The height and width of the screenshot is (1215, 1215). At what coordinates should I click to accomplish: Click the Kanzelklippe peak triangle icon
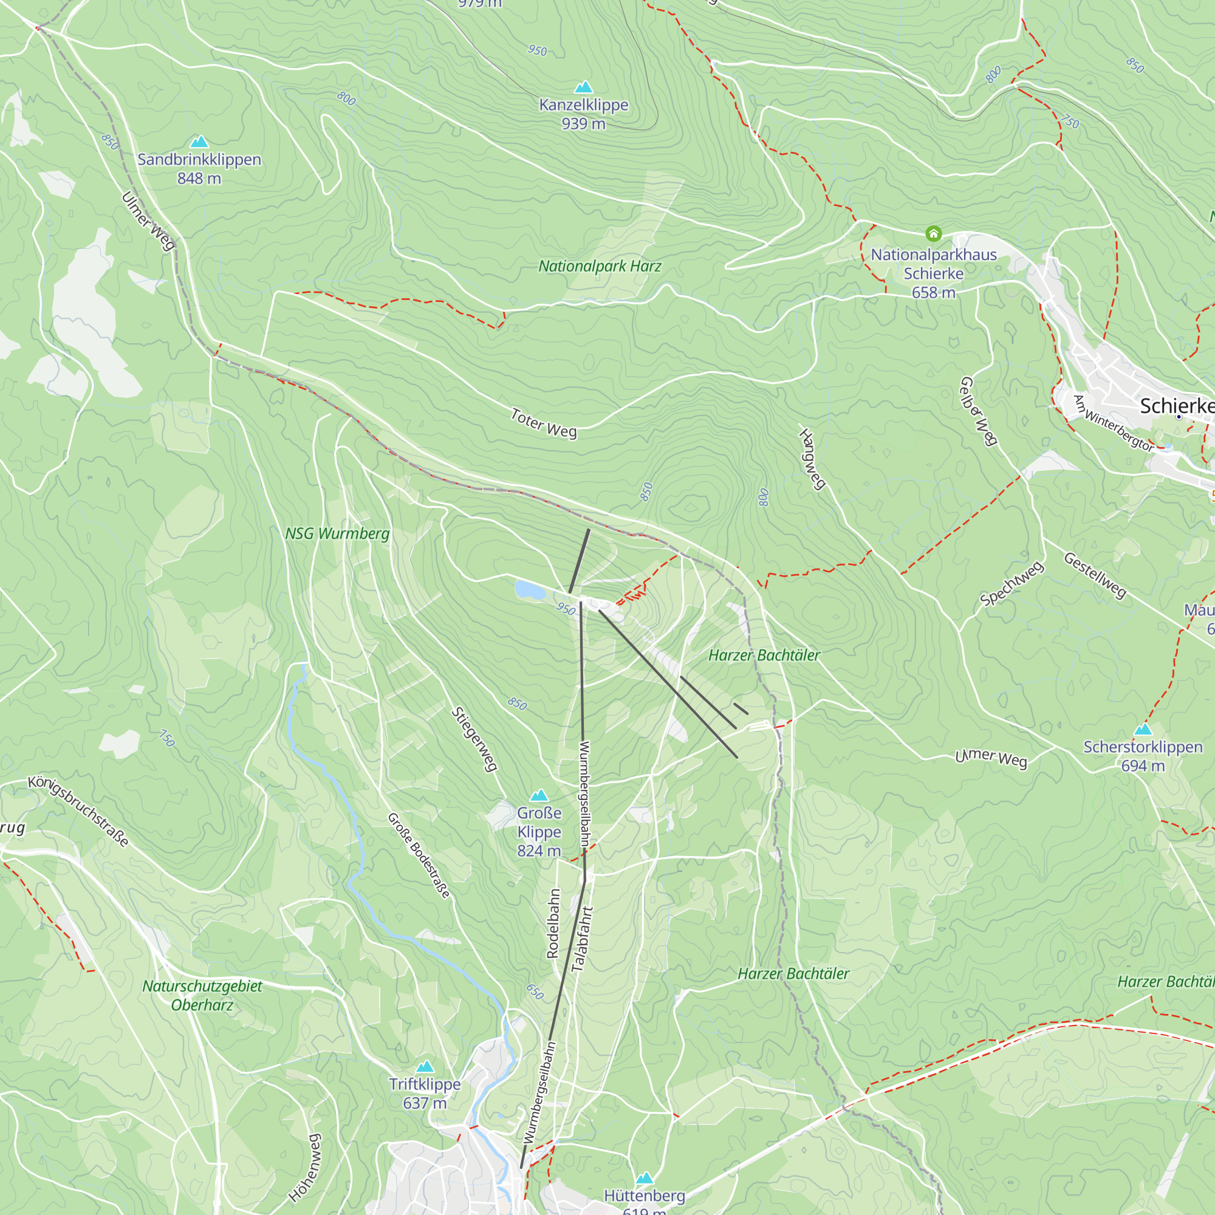[584, 87]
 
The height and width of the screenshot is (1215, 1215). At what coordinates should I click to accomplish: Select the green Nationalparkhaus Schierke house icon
[933, 234]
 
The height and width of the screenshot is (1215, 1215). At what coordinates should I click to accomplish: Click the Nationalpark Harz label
[600, 266]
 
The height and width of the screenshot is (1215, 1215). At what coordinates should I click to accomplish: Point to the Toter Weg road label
[543, 423]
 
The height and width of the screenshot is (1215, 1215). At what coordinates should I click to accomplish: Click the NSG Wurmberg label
[337, 534]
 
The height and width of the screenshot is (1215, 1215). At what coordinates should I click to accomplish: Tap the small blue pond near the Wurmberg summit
[530, 590]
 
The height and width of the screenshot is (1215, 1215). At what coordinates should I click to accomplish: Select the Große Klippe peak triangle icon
[539, 796]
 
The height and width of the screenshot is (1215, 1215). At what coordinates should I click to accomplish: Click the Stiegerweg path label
[475, 739]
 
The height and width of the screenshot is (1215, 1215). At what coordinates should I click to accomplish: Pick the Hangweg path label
[812, 459]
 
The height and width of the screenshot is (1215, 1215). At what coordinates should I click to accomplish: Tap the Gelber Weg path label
[979, 411]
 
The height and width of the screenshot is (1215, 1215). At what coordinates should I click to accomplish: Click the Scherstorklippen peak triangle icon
[1143, 730]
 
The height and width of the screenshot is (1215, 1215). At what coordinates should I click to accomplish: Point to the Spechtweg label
[1012, 584]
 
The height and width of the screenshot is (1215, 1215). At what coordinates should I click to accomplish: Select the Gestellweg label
[1095, 575]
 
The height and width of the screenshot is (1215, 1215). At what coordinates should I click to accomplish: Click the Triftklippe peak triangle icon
[425, 1067]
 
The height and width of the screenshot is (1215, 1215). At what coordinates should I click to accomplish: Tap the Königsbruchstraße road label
[78, 811]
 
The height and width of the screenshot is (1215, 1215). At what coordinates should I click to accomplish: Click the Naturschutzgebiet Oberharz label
[202, 996]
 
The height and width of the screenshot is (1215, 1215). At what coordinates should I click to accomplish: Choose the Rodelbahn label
[553, 923]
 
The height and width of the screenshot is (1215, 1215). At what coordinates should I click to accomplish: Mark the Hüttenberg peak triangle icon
[644, 1178]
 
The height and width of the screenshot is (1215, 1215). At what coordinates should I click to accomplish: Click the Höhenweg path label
[306, 1168]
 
